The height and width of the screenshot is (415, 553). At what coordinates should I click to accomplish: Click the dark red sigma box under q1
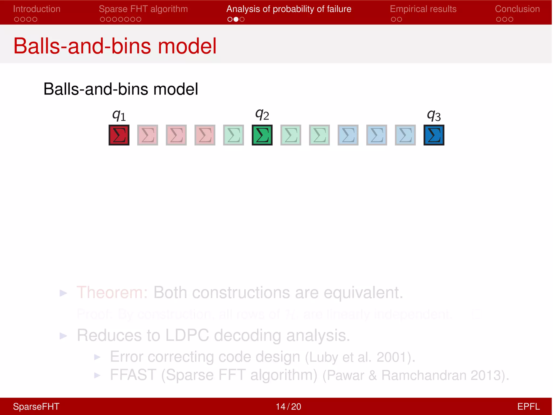[x=119, y=135]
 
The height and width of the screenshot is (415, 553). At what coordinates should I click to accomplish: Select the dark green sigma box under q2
[x=262, y=135]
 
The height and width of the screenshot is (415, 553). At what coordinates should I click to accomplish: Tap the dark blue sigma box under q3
[x=434, y=135]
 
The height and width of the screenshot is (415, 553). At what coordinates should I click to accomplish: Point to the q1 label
[x=119, y=115]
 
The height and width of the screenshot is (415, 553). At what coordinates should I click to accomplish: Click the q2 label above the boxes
[x=262, y=114]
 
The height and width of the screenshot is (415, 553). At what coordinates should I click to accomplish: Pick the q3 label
[x=434, y=115]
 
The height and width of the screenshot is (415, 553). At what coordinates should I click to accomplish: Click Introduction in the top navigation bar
[x=37, y=9]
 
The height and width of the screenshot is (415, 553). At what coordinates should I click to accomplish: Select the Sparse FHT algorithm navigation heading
[x=143, y=9]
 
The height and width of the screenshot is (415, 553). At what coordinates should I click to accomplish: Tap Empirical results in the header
[x=423, y=9]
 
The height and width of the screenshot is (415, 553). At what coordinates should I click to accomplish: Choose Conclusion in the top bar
[x=517, y=9]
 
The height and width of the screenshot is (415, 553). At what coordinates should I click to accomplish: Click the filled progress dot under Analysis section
[x=236, y=19]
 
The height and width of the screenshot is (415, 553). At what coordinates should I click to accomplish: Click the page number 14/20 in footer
[x=288, y=406]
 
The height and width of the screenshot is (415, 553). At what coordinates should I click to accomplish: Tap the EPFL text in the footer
[x=528, y=406]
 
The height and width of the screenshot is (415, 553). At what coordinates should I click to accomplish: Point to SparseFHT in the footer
[x=36, y=406]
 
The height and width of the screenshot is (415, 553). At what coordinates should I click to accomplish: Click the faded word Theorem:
[x=112, y=292]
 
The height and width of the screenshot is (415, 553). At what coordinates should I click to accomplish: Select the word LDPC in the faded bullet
[x=187, y=335]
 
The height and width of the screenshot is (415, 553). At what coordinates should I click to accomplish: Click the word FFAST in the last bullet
[x=133, y=375]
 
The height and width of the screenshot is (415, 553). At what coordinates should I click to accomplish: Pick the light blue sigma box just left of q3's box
[x=405, y=135]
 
